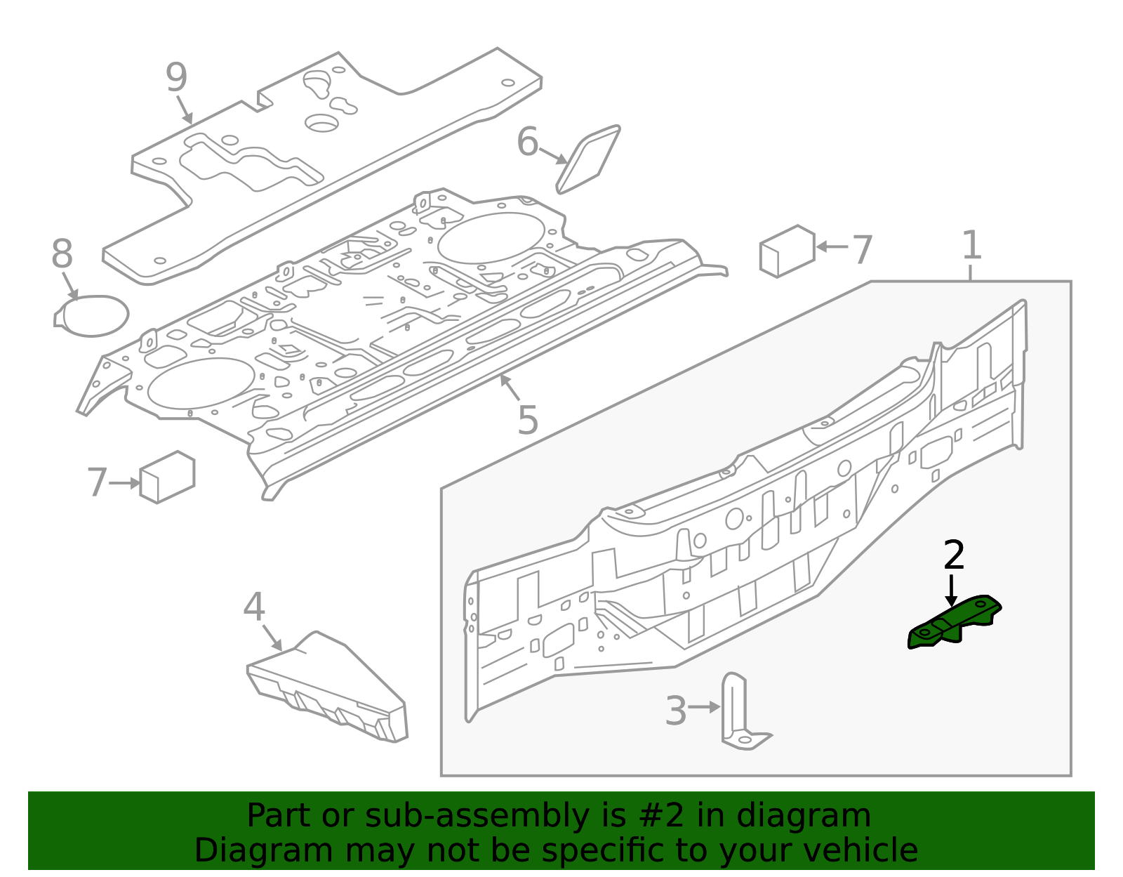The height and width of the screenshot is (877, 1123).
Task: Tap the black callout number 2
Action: (954, 555)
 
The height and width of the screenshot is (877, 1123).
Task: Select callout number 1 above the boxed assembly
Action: (971, 246)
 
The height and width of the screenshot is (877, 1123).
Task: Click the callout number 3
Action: (675, 711)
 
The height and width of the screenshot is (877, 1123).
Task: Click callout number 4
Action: (253, 607)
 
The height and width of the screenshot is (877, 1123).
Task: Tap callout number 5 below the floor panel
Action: (527, 421)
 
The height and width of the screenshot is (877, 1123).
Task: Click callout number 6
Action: (527, 143)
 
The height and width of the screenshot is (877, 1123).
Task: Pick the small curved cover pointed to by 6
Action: (588, 159)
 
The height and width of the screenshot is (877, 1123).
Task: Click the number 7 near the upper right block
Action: (862, 249)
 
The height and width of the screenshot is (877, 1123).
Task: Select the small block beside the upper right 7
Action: (788, 251)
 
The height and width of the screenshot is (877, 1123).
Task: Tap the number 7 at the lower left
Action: (97, 483)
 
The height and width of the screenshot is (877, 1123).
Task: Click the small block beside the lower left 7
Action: (167, 477)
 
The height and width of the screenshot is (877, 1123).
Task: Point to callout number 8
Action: (62, 254)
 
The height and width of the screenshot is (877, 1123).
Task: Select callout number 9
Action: (177, 77)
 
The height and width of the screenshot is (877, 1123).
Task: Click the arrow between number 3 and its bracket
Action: (704, 707)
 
